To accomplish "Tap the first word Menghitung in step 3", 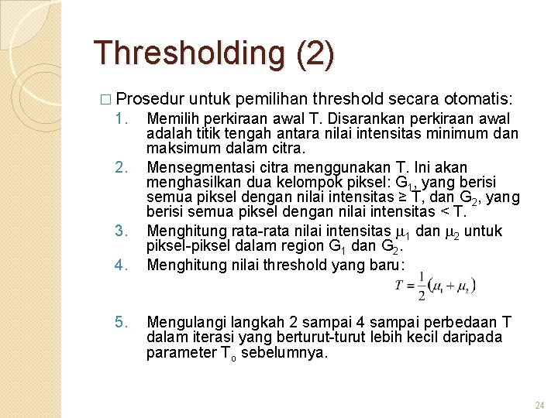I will pyautogui.click(x=184, y=231).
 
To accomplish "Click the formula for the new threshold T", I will pyautogui.click(x=435, y=286).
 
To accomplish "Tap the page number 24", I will pyautogui.click(x=539, y=405).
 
